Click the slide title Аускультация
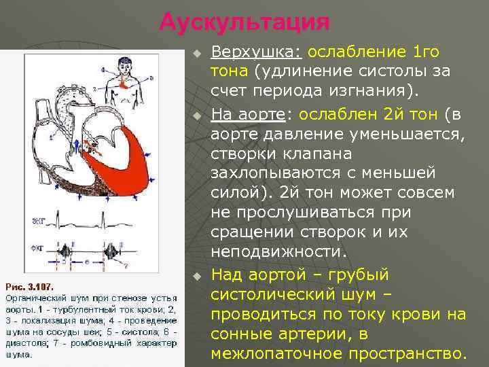coord(244,22)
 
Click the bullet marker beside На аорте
coord(196,114)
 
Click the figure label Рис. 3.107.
coord(29,286)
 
